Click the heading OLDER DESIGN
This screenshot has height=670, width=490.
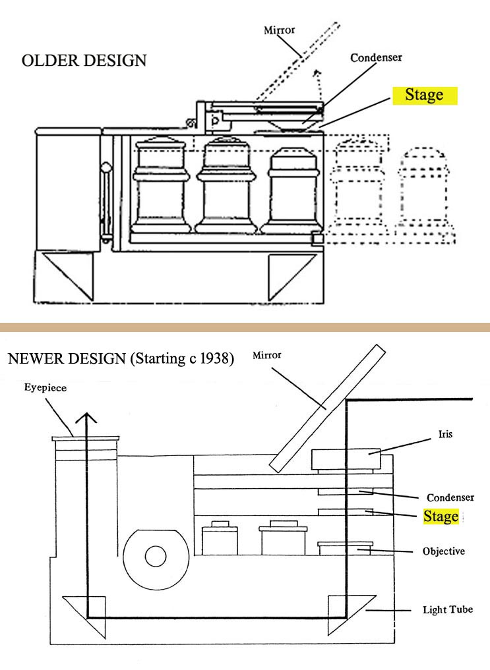click(x=84, y=61)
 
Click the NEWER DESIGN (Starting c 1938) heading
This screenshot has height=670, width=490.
click(x=120, y=360)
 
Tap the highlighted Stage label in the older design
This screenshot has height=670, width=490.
click(x=424, y=95)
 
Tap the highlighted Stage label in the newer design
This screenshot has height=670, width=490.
click(x=441, y=516)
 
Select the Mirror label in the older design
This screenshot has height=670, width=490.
click(x=279, y=30)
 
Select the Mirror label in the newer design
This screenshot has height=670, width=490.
click(x=266, y=355)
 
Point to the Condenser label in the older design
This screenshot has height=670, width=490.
click(x=376, y=57)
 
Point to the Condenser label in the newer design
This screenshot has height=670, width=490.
click(x=450, y=497)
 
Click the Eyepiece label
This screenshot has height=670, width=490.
click(x=47, y=388)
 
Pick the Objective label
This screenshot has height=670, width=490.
click(x=443, y=551)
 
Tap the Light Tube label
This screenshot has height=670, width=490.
click(x=447, y=610)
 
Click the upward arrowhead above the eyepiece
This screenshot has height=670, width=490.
click(x=85, y=418)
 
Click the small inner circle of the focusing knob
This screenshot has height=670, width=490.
click(x=155, y=557)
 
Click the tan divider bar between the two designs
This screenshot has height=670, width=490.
click(x=245, y=327)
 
